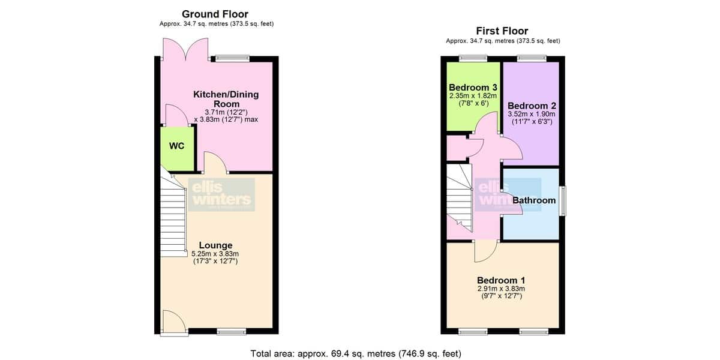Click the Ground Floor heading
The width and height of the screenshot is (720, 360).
215,14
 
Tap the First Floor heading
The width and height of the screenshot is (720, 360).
502,31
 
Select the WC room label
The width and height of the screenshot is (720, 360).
177,146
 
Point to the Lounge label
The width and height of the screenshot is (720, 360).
215,245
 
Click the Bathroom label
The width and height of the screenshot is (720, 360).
534,200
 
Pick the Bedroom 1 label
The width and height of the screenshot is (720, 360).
501,280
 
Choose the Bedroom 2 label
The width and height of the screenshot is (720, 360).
532,106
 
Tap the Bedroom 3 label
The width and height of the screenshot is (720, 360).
473,88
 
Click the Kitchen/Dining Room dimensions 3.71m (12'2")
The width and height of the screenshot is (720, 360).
226,112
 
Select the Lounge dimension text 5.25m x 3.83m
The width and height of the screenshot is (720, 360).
215,254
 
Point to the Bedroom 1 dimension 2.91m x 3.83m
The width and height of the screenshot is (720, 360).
501,289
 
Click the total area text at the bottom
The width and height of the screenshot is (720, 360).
356,353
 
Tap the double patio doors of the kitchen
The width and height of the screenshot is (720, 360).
186,49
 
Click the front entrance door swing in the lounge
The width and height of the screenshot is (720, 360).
175,322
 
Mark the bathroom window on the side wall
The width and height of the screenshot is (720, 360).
563,201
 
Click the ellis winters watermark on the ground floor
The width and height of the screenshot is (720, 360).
222,194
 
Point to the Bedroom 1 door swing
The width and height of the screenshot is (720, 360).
486,251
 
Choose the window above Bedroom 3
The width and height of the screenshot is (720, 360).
473,59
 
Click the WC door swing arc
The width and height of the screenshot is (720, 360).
177,114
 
